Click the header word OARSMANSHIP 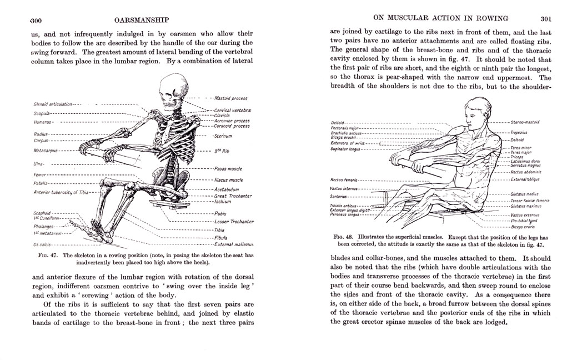pyautogui.click(x=141, y=21)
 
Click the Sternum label pyautogui.click(x=223, y=136)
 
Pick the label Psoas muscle pyautogui.click(x=228, y=168)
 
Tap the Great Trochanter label pyautogui.click(x=233, y=196)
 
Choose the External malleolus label pyautogui.click(x=234, y=244)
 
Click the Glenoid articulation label pyautogui.click(x=53, y=104)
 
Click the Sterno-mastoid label pyautogui.click(x=524, y=122)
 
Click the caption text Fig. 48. pyautogui.click(x=345, y=236)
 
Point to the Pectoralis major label pyautogui.click(x=346, y=128)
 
